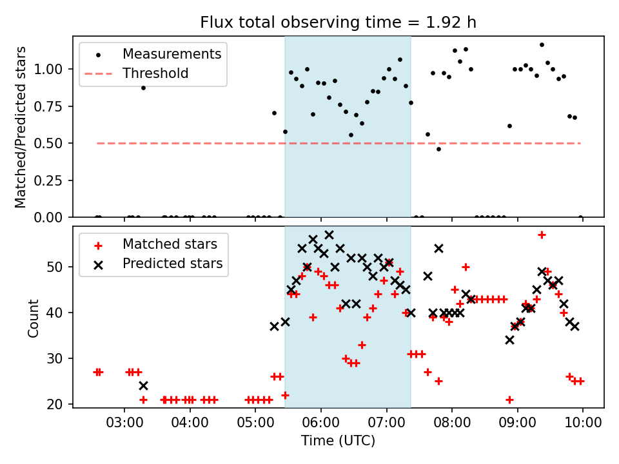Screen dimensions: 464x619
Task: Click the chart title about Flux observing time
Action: click(338, 23)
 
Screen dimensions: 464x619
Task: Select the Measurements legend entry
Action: click(172, 53)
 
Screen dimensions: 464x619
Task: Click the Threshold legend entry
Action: click(155, 73)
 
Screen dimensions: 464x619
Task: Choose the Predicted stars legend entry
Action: click(172, 263)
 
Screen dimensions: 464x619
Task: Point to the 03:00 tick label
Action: click(124, 423)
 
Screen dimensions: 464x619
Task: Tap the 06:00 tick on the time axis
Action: click(321, 423)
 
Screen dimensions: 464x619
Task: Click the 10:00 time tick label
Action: click(583, 423)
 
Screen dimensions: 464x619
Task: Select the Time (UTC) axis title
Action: click(338, 441)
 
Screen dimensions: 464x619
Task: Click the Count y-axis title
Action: click(33, 318)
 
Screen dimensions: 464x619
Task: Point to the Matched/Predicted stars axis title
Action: click(21, 127)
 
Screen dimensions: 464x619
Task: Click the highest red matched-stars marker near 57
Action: click(542, 235)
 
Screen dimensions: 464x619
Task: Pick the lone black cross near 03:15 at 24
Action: click(143, 385)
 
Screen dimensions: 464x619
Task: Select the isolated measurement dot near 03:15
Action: click(143, 88)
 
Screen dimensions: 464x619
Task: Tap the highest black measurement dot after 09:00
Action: click(542, 45)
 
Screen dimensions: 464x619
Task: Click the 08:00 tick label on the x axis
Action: click(452, 423)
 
